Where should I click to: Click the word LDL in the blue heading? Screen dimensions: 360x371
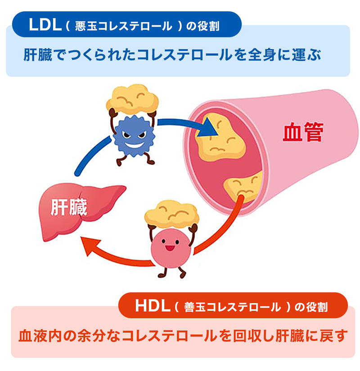point(45,25)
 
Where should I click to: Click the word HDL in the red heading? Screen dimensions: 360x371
point(153,306)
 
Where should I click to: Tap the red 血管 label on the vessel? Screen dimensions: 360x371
point(303,132)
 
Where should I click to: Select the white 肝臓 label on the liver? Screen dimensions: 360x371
point(69,207)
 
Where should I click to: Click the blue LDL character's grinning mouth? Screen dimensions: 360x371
point(134,144)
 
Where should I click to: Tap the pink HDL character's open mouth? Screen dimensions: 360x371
point(170,248)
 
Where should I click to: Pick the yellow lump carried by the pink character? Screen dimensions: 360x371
point(171,214)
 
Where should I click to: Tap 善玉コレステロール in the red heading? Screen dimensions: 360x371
point(233,307)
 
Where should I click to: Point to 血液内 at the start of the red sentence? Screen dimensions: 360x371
point(40,335)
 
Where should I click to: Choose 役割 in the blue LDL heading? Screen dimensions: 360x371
point(208,26)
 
